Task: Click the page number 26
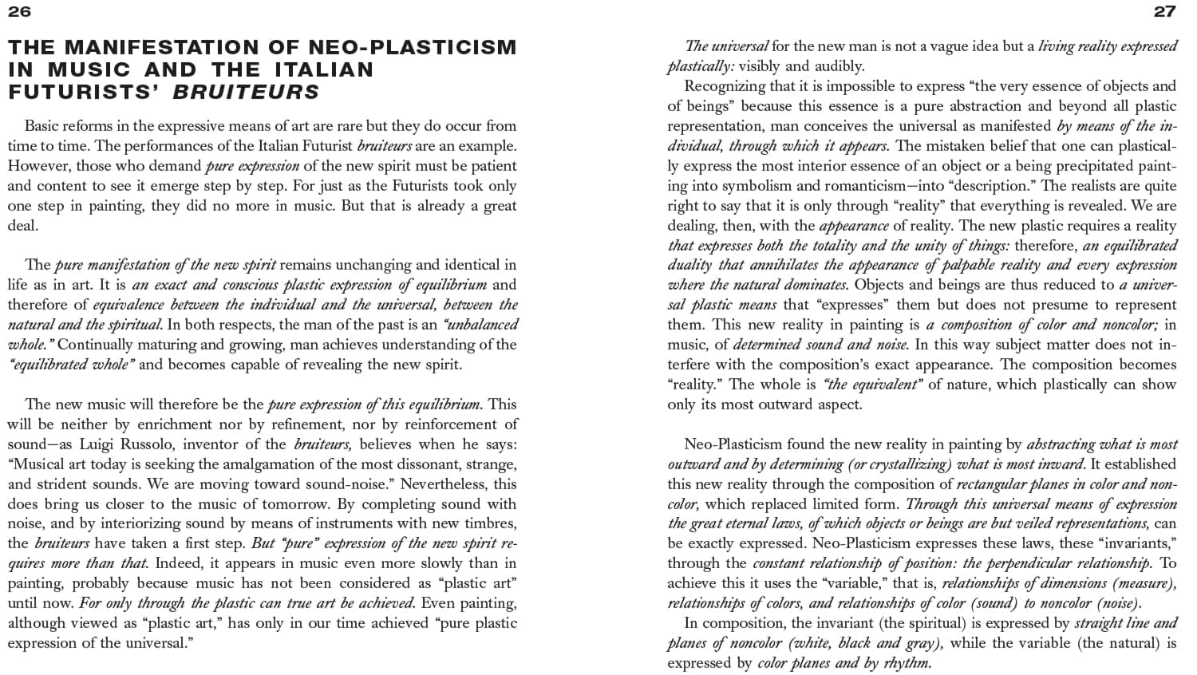point(19,10)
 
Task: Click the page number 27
point(1165,10)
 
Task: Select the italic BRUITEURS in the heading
point(246,92)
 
